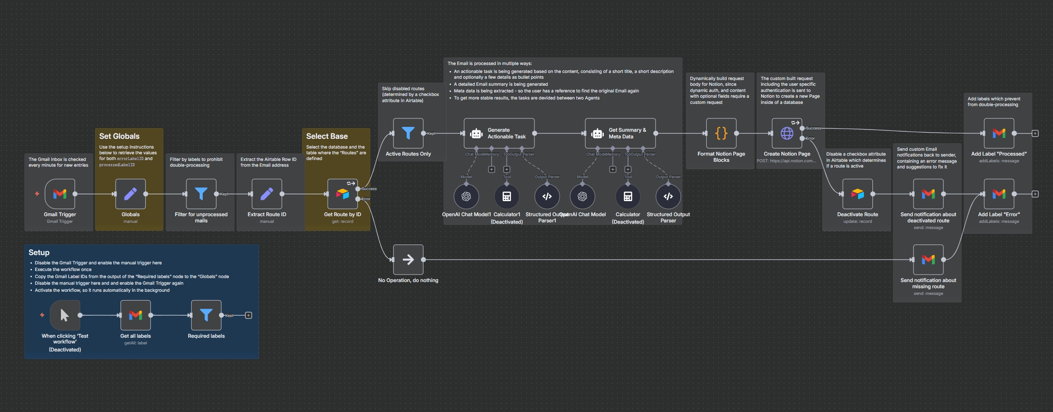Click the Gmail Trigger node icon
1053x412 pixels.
coord(60,194)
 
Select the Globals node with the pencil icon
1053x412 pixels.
coord(130,194)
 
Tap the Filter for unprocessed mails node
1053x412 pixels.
coord(201,194)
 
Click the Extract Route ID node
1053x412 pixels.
coord(267,194)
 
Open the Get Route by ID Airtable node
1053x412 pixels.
coord(342,194)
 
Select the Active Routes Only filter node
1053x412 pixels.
coord(408,133)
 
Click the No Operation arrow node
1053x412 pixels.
coord(408,259)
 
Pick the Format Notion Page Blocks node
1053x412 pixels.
coord(721,133)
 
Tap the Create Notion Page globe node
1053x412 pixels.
coord(787,133)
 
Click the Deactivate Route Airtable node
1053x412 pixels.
coord(857,194)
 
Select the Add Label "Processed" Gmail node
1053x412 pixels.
coord(999,133)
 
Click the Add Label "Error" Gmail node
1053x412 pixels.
coord(999,194)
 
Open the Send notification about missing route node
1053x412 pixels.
coord(928,259)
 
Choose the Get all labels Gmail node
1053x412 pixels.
coord(136,315)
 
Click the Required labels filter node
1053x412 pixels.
coord(206,315)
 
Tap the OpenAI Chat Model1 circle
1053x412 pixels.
coord(466,196)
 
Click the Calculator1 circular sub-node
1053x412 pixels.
coord(507,196)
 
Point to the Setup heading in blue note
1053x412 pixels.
coord(39,252)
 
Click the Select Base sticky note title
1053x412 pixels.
coord(327,136)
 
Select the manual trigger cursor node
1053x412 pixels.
coord(65,315)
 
